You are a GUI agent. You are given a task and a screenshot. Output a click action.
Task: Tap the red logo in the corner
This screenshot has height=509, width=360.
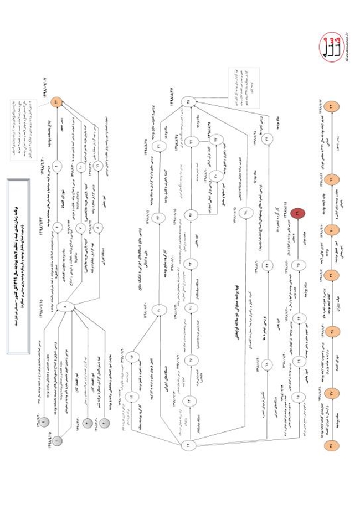331,48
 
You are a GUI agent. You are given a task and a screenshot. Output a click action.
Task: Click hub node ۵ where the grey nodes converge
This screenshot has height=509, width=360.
65,306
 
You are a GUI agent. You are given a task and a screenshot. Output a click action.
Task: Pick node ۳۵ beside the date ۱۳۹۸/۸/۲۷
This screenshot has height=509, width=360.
189,102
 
